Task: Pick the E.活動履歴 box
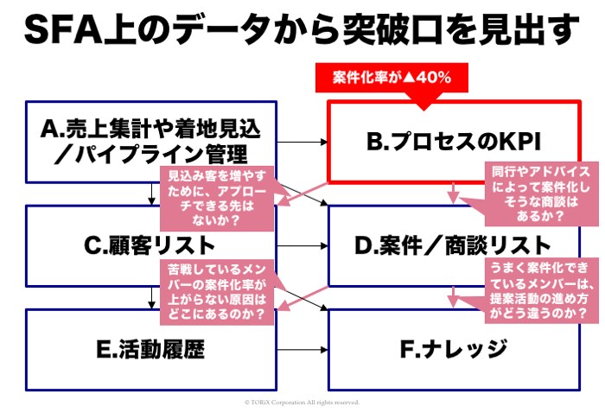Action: (152, 349)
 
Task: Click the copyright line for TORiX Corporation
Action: (302, 403)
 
